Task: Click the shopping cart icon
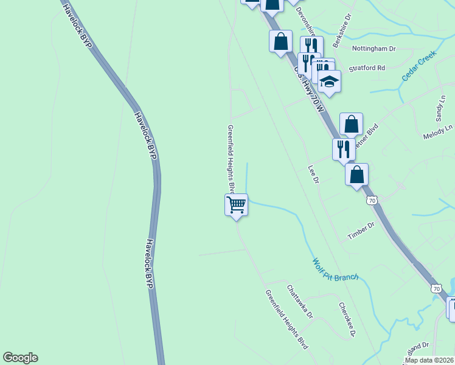tap(236, 204)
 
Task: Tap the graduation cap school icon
tap(329, 82)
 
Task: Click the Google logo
tap(20, 358)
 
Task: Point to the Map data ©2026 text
tap(429, 360)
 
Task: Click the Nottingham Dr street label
tap(374, 48)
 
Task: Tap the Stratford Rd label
tap(367, 69)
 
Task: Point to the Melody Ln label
tap(438, 133)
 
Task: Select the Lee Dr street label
tap(313, 175)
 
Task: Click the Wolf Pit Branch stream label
tap(335, 269)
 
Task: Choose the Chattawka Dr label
tap(299, 302)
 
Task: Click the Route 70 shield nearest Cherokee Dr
tap(435, 288)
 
